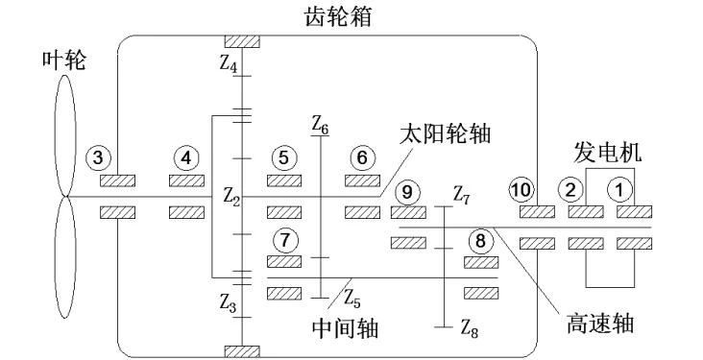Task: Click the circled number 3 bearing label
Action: point(99,156)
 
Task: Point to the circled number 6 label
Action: point(361,156)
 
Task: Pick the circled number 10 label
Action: point(521,190)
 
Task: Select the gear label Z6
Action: point(320,124)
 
